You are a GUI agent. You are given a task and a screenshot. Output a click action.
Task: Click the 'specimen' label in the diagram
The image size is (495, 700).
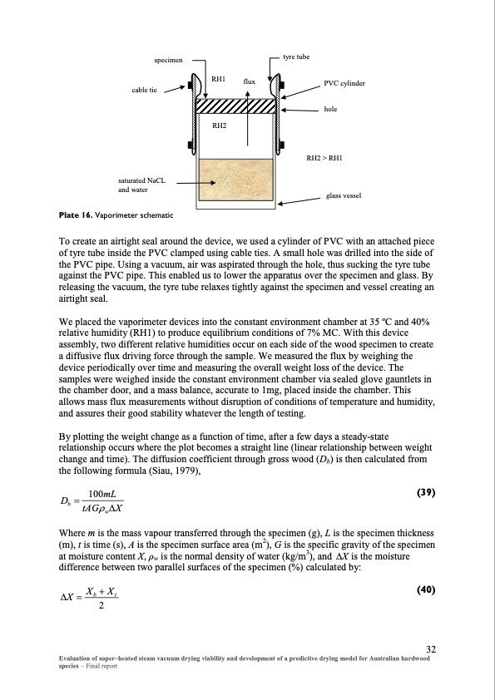coord(168,60)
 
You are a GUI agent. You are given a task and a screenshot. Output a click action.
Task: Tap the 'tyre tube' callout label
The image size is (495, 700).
coord(296,57)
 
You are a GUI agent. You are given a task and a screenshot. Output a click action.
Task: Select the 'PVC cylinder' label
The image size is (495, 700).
coord(344,83)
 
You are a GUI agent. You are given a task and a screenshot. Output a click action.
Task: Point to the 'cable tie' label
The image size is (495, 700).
coord(144,90)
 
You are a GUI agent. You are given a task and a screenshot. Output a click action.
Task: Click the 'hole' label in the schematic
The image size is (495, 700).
coord(330,109)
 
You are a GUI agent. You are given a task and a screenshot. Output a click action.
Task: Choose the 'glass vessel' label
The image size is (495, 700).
coord(344,195)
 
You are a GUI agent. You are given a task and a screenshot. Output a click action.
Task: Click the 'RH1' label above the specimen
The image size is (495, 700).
coord(218,79)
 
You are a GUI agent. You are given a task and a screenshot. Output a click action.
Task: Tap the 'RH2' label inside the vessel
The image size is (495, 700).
coord(219,126)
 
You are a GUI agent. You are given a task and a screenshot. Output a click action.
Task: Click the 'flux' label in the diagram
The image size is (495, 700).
coord(250,81)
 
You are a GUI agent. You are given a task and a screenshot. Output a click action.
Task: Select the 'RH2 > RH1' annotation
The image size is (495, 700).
coord(324,158)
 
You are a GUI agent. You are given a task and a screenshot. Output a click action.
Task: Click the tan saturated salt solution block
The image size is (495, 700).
coord(235,180)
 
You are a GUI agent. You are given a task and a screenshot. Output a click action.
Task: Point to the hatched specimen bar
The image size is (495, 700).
coord(235,106)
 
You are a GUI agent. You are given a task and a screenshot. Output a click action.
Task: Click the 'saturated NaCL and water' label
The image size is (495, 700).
coord(141,185)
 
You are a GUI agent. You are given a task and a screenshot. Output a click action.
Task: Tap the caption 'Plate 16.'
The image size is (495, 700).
coord(76,215)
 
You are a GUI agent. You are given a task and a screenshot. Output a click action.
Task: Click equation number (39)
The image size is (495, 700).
coord(426,492)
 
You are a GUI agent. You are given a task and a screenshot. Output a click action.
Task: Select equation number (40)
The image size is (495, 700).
coord(426,589)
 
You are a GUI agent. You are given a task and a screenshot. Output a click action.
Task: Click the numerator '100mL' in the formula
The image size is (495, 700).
coord(102,494)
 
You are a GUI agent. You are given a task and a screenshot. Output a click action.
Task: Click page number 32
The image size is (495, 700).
coord(431,649)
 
